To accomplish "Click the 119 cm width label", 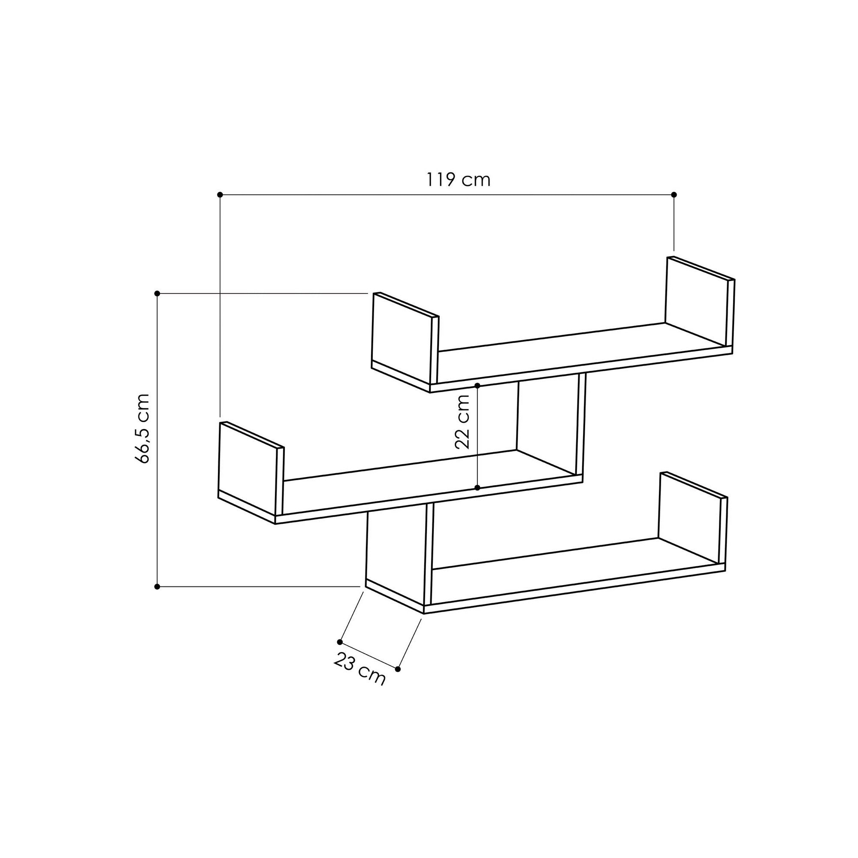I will tap(458, 180).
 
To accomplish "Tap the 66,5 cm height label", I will tap(143, 429).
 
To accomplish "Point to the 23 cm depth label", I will tap(359, 674).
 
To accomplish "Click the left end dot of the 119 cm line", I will tap(219, 194).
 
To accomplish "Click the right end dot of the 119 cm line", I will tap(674, 194).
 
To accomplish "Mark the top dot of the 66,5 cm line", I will tap(157, 293).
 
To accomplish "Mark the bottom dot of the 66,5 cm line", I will tap(157, 586).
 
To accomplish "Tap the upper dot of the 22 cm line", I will tap(477, 386).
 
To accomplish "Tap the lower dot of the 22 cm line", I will tap(477, 488).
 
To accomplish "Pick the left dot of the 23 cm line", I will tap(340, 642).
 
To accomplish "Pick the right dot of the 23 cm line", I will tap(398, 669).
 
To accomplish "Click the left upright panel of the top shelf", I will tap(402, 340).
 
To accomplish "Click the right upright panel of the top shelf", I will tap(696, 302).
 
